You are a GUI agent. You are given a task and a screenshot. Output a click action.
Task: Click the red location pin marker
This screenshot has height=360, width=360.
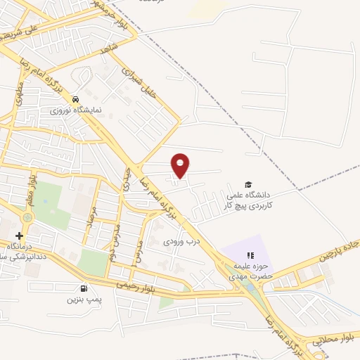pyautogui.click(x=181, y=165)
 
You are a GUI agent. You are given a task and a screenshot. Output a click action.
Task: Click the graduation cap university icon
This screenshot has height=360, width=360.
pyautogui.click(x=248, y=184)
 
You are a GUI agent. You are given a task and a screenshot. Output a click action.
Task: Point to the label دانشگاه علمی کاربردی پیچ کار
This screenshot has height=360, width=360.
pyautogui.click(x=258, y=200)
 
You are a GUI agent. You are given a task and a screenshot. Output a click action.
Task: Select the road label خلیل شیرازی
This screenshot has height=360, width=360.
pyautogui.click(x=137, y=82)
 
